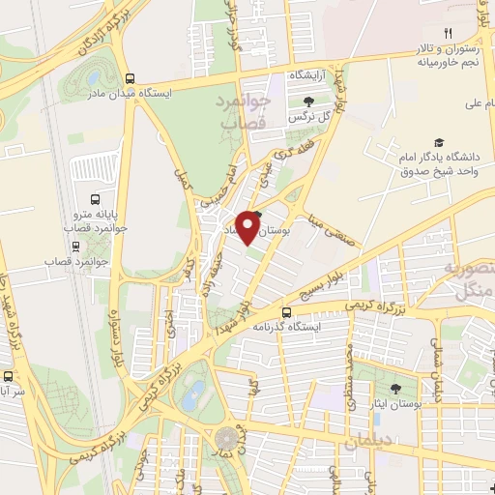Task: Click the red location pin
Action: [x=251, y=226]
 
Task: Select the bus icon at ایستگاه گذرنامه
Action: [x=286, y=312]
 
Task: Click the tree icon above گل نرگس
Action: [x=308, y=100]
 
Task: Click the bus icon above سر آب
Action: [x=8, y=377]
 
